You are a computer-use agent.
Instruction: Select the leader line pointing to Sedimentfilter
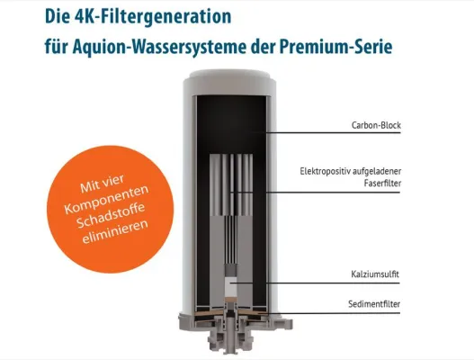pos(306,313)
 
